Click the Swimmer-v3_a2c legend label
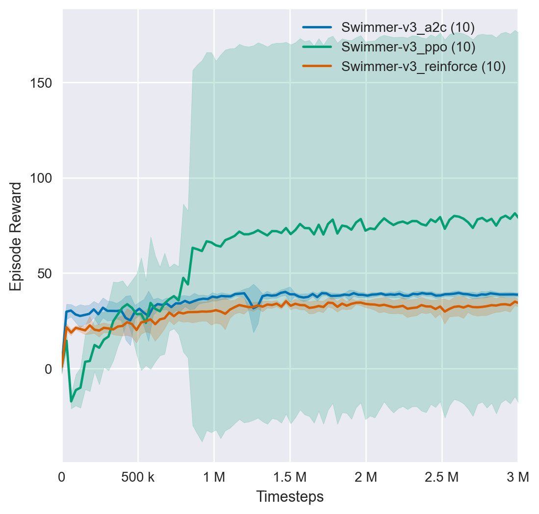coord(408,28)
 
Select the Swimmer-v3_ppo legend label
coord(408,47)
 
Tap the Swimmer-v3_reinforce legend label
coord(423,67)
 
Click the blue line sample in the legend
coord(317,28)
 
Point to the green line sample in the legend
coord(317,47)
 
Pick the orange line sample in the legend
coord(317,67)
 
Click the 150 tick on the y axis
coord(43,83)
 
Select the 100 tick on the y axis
coord(43,178)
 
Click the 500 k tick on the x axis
coord(138,477)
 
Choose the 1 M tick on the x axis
coord(214,477)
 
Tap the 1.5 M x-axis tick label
coord(290,477)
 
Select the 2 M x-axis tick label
coord(366,477)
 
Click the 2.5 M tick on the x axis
coord(442,477)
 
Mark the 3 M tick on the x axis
coord(518,477)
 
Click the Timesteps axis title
coord(290,497)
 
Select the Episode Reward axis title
coord(16,236)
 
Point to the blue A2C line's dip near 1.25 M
coord(254,308)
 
